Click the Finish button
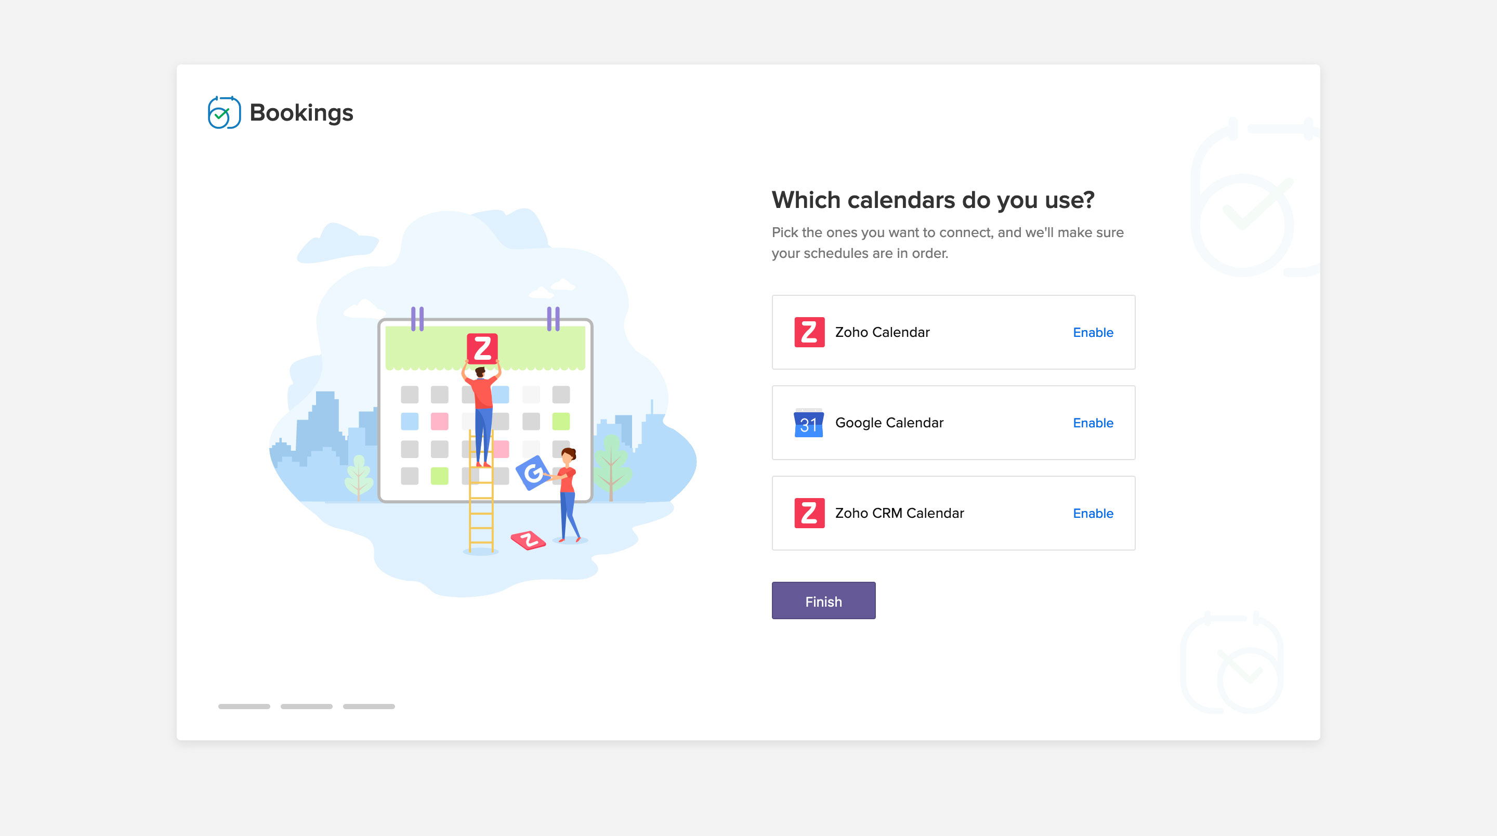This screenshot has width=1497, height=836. point(823,600)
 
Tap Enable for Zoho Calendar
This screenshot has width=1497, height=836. point(1093,333)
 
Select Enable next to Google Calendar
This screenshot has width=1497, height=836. point(1093,423)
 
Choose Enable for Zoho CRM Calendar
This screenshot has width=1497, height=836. point(1093,513)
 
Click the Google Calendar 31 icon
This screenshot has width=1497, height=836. point(808,423)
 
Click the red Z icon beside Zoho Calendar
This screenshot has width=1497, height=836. point(809,332)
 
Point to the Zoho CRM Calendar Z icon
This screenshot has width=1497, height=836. point(809,513)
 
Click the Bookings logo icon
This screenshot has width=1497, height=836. point(224,112)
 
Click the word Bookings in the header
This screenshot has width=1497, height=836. point(301,113)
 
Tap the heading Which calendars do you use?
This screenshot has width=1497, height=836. point(933,200)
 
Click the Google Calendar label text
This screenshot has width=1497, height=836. point(889,423)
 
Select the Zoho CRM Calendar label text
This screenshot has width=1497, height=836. point(899,513)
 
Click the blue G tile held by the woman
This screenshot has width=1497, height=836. point(532,473)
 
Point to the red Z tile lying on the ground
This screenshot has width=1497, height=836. point(528,540)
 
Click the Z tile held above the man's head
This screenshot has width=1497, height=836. point(482,349)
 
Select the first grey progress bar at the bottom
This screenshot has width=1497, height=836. point(244,707)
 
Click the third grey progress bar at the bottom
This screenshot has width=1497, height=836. point(369,707)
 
